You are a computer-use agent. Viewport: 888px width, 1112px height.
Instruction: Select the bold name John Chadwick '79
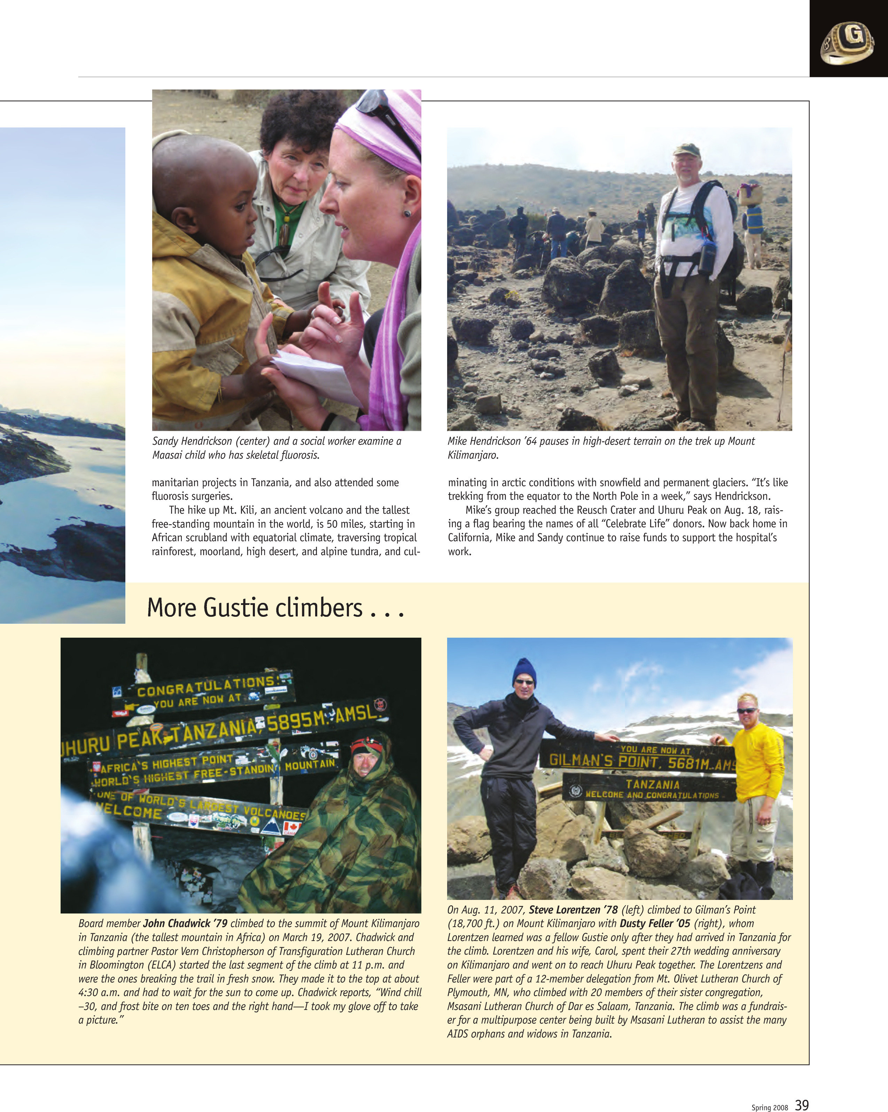click(x=185, y=923)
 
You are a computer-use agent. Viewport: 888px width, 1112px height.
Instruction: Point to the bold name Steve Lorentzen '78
click(x=573, y=910)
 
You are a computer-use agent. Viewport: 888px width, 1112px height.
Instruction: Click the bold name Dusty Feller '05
click(x=654, y=923)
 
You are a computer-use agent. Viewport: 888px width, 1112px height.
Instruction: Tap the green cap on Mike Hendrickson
click(x=686, y=149)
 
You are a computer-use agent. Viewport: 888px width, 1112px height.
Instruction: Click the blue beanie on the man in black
click(x=524, y=671)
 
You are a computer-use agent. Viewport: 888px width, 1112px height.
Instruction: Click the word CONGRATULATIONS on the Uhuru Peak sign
click(x=206, y=686)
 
